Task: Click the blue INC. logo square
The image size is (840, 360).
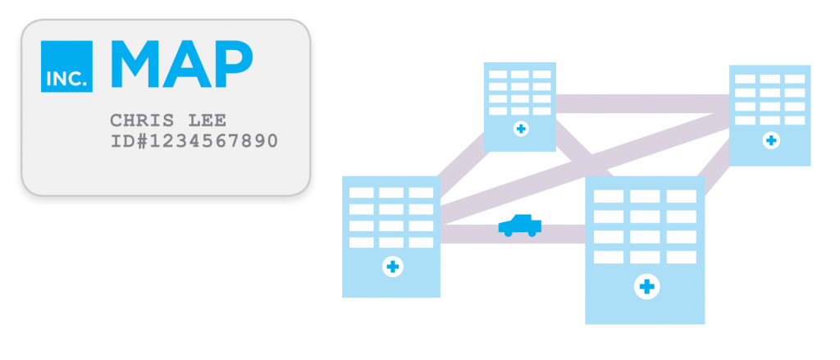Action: coord(66,66)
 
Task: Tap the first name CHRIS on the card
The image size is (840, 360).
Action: coord(142,121)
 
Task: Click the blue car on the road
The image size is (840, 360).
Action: coord(520,226)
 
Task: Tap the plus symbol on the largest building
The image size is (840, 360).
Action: coord(646,286)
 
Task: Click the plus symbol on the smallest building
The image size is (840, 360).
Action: coord(520,130)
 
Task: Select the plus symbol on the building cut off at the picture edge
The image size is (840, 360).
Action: coord(770,141)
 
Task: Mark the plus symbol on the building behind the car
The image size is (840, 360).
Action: coord(392,267)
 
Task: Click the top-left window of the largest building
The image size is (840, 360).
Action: coord(608,198)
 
